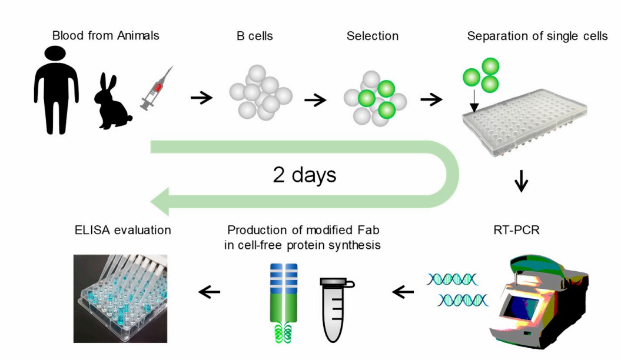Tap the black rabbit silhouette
click(112, 104)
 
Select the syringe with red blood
click(155, 89)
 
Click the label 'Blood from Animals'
click(105, 36)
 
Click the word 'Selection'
click(372, 36)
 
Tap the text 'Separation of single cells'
click(537, 36)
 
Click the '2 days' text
click(304, 175)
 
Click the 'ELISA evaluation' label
click(123, 230)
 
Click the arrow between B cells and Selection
click(315, 99)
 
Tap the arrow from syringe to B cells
click(201, 98)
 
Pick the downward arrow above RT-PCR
click(521, 181)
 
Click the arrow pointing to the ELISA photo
click(209, 291)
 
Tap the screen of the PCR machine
click(526, 306)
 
